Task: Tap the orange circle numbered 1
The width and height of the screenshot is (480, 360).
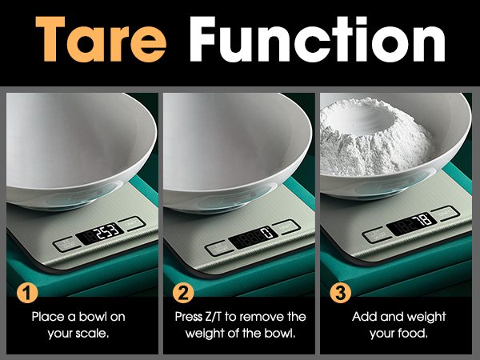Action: (28, 291)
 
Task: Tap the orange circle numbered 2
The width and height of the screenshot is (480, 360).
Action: (185, 291)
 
